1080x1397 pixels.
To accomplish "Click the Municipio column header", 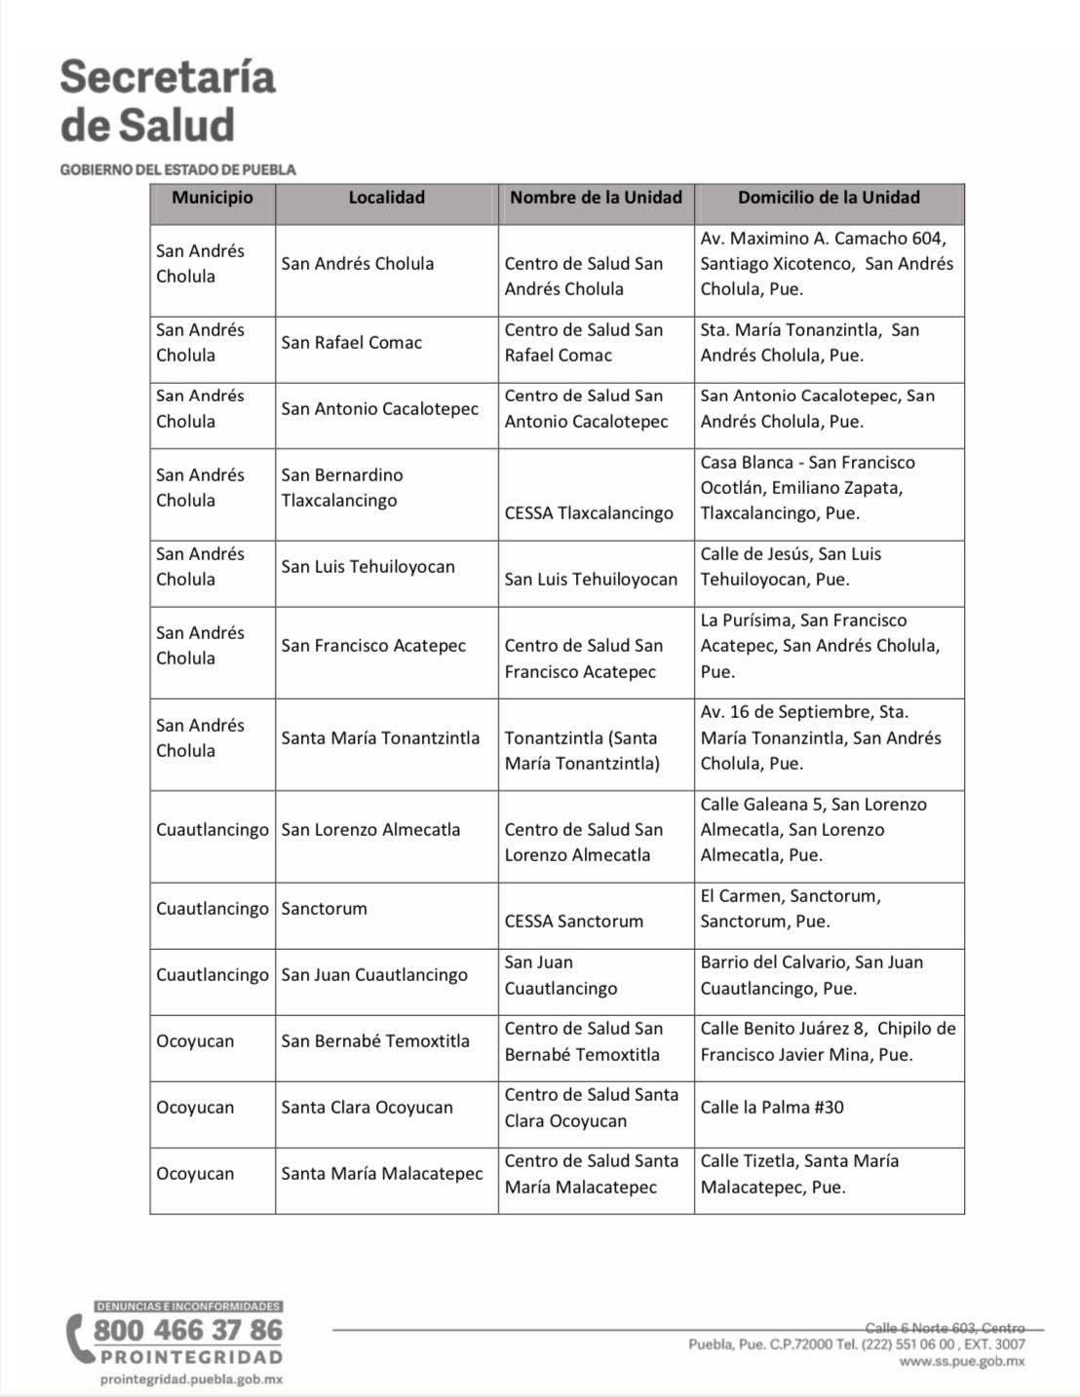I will click(x=212, y=198).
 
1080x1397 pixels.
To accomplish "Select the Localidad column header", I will click(x=386, y=198).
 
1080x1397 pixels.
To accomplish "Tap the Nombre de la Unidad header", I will click(x=596, y=198).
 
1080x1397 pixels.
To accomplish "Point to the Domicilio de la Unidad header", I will click(x=829, y=198).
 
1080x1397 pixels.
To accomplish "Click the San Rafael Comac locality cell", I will click(x=351, y=343).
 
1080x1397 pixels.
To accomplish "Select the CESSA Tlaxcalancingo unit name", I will click(x=589, y=513).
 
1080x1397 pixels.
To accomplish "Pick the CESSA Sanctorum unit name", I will click(x=573, y=922).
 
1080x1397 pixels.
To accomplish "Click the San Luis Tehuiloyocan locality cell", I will click(x=367, y=567).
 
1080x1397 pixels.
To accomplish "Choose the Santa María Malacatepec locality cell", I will click(x=382, y=1174).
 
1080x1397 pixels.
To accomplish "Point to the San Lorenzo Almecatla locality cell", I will click(x=370, y=830).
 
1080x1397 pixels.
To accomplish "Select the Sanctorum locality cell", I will click(x=324, y=909).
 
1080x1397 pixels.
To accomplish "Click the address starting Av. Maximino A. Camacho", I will click(x=827, y=264).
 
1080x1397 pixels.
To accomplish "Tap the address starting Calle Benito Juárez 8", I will click(x=828, y=1041).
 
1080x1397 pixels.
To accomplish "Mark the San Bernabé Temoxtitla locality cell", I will click(x=375, y=1041).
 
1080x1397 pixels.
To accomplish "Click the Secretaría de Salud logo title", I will click(x=167, y=101).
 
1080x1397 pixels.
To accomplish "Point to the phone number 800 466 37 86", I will click(x=187, y=1331).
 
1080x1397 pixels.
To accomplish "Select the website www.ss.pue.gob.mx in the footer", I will click(x=961, y=1362).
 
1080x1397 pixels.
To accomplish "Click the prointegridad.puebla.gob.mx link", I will click(x=191, y=1379).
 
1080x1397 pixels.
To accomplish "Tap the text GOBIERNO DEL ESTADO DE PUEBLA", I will click(x=177, y=170).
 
